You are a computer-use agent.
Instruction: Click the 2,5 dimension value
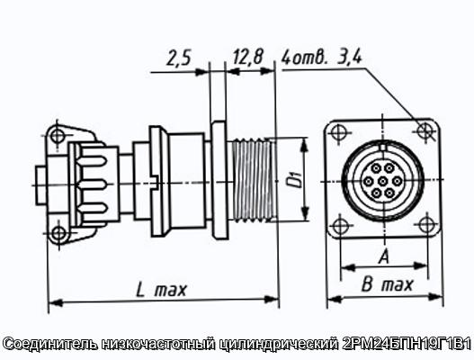[179, 58]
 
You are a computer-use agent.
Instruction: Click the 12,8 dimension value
[248, 57]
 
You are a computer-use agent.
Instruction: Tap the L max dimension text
[161, 290]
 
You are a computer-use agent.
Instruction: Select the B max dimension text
[387, 284]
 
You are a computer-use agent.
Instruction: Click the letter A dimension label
[384, 256]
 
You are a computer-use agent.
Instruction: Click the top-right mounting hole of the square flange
[425, 130]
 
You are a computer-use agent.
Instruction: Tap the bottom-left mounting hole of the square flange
[340, 226]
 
